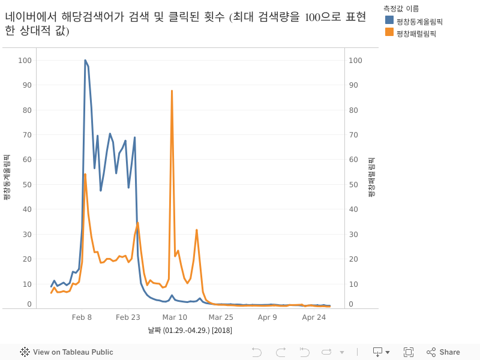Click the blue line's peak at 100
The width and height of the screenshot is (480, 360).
point(85,60)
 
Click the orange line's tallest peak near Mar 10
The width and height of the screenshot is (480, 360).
point(172,91)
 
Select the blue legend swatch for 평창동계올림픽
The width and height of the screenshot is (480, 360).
point(389,21)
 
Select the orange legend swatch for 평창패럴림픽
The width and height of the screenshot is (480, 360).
point(389,33)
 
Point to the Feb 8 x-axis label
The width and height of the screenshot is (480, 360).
point(82,317)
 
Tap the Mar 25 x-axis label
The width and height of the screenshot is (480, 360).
point(221,317)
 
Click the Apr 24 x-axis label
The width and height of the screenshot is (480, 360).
point(314,317)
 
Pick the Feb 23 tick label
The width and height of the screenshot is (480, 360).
point(128,317)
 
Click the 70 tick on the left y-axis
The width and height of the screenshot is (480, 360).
point(25,134)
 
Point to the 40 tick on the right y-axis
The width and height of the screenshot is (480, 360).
point(355,209)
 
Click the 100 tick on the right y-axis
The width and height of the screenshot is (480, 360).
point(356,60)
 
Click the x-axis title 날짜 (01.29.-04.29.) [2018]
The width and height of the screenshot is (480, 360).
point(190,331)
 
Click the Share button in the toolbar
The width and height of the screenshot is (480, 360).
point(443,352)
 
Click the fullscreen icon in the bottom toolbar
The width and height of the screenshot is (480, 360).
point(409,352)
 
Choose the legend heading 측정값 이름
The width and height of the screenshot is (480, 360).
point(401,8)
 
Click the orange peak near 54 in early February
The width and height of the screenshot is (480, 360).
point(85,174)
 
